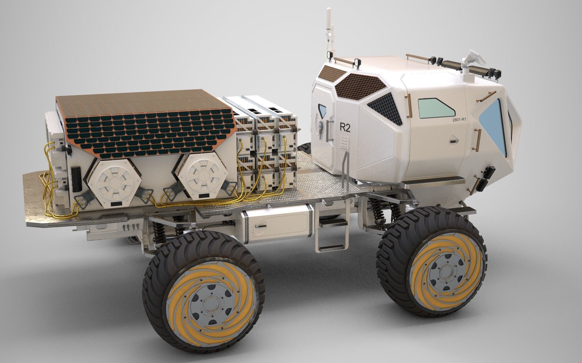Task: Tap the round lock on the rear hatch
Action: (321, 125)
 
